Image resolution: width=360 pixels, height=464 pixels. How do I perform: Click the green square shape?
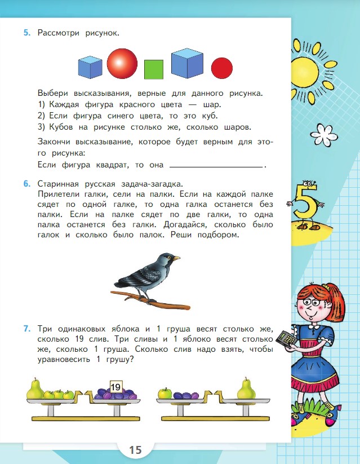click(x=153, y=69)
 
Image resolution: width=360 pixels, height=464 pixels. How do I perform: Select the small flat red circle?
click(x=222, y=68)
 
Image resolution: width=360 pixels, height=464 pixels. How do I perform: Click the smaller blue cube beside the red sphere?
click(x=90, y=67)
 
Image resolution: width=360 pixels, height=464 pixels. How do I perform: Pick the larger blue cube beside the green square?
click(x=187, y=63)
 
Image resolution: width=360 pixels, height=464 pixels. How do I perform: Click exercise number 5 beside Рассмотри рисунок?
click(x=26, y=33)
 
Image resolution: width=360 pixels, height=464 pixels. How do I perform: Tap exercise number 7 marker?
click(x=26, y=328)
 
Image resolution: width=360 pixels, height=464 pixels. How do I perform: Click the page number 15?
click(x=135, y=450)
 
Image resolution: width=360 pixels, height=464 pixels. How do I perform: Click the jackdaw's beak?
click(x=176, y=258)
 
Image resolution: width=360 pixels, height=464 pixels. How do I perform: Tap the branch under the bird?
click(x=152, y=302)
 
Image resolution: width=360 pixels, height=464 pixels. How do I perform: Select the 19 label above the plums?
click(x=116, y=387)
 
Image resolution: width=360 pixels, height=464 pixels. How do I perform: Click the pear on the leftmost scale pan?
click(x=35, y=388)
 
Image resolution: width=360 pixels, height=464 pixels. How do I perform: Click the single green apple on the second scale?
click(x=165, y=392)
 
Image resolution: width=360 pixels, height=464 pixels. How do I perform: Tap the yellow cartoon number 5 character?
click(x=304, y=206)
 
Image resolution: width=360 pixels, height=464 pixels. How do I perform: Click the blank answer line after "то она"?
click(x=216, y=166)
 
